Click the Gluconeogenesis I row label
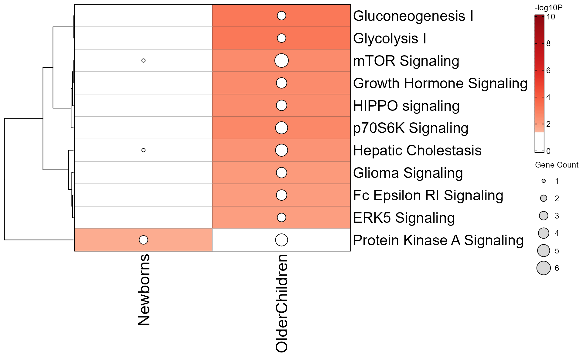[413, 16]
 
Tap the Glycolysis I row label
[390, 39]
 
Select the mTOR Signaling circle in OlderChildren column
[281, 60]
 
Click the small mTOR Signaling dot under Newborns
[143, 60]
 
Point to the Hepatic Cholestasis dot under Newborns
[143, 150]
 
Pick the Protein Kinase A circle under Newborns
[143, 240]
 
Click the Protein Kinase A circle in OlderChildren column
[281, 240]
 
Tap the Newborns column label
[144, 290]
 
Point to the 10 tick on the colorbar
[551, 17]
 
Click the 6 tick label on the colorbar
[548, 70]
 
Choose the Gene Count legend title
[556, 165]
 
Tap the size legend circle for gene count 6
[544, 268]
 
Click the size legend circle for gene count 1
[544, 181]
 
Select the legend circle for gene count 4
[544, 233]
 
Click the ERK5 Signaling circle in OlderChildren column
[281, 217]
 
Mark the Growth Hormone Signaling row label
[440, 83]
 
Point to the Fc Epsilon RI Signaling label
[428, 195]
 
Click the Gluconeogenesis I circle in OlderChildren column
[281, 16]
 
